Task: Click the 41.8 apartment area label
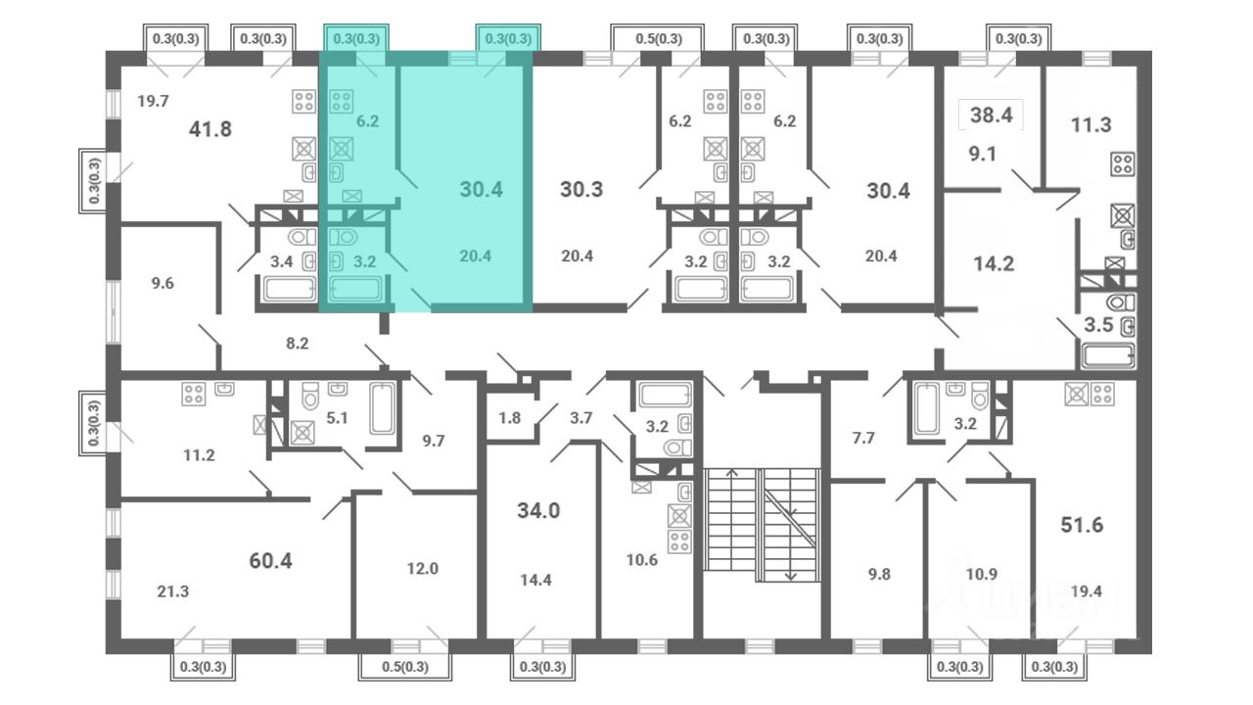click(209, 129)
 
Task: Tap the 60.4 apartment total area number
click(270, 561)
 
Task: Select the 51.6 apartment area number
click(1082, 525)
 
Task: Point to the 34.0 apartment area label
click(538, 510)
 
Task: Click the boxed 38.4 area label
click(992, 116)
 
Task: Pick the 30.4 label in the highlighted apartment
click(481, 190)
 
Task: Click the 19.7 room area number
click(153, 101)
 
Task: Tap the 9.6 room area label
click(162, 283)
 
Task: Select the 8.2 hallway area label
click(297, 343)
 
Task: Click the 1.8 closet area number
click(510, 418)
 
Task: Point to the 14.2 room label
click(994, 263)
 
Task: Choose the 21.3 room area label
click(173, 591)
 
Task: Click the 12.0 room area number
click(422, 569)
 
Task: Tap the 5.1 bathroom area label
click(337, 418)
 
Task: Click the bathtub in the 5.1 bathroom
click(382, 408)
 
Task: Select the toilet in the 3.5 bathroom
click(1121, 303)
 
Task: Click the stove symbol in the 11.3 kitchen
click(1123, 164)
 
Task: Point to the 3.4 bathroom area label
click(281, 261)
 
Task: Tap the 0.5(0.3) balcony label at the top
click(659, 39)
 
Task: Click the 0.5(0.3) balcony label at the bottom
click(405, 667)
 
